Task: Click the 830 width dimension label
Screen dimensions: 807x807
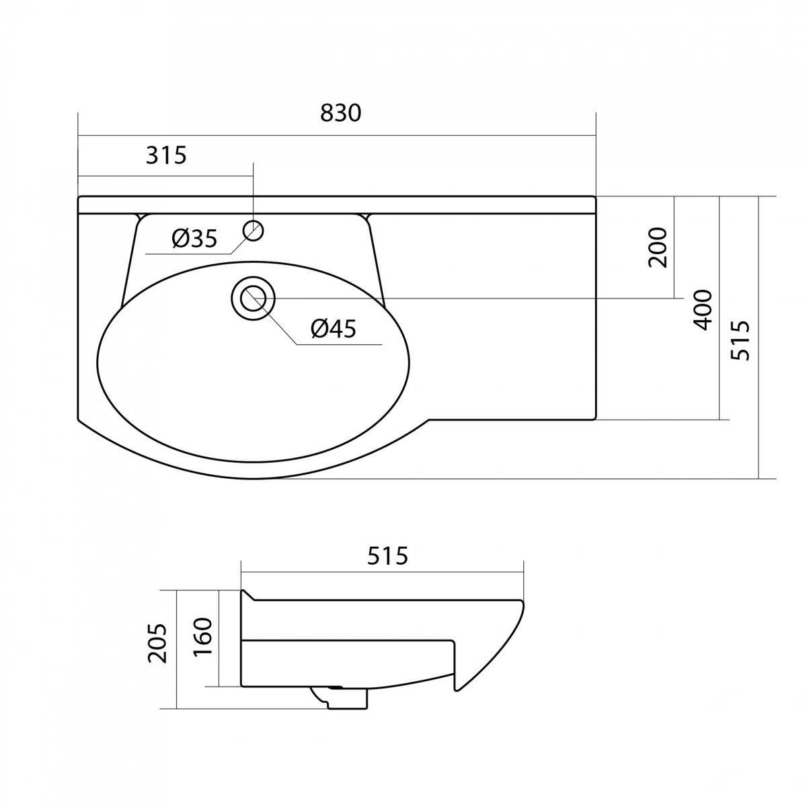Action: pos(340,113)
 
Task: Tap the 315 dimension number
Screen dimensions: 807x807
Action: pos(166,155)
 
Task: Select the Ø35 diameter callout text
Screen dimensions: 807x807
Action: pos(195,239)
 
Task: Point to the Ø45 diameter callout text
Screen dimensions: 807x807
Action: pos(334,329)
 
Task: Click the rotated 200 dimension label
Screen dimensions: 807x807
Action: pos(657,247)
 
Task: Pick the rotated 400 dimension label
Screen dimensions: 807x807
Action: pos(702,310)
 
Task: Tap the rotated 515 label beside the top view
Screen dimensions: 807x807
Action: pos(740,340)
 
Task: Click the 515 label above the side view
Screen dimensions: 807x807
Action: pos(387,556)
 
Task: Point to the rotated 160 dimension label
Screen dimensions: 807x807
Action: pos(204,636)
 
